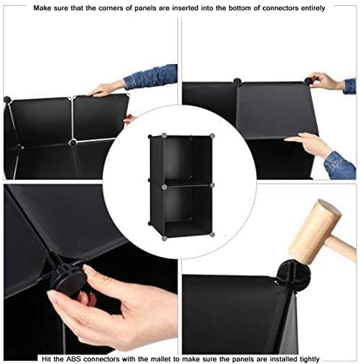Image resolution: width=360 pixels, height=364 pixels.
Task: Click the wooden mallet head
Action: pos(314,231)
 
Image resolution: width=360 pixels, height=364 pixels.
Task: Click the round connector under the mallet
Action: pos(294,273)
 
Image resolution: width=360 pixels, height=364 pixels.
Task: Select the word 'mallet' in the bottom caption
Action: pos(161,358)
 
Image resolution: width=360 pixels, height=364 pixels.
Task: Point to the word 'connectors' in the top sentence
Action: pos(280,8)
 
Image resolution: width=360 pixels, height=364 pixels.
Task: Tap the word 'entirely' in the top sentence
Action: pos(313,8)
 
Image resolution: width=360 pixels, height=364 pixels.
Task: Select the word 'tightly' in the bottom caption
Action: pos(308,359)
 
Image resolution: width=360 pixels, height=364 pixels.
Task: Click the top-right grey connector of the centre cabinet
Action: pos(212,135)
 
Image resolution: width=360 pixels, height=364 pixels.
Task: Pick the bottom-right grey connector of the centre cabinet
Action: pos(212,234)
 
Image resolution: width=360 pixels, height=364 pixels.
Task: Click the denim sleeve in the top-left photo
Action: pos(151,76)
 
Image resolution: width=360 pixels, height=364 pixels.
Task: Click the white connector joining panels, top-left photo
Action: pos(72,142)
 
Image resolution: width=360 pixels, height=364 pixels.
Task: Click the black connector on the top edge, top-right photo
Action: pos(237,82)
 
